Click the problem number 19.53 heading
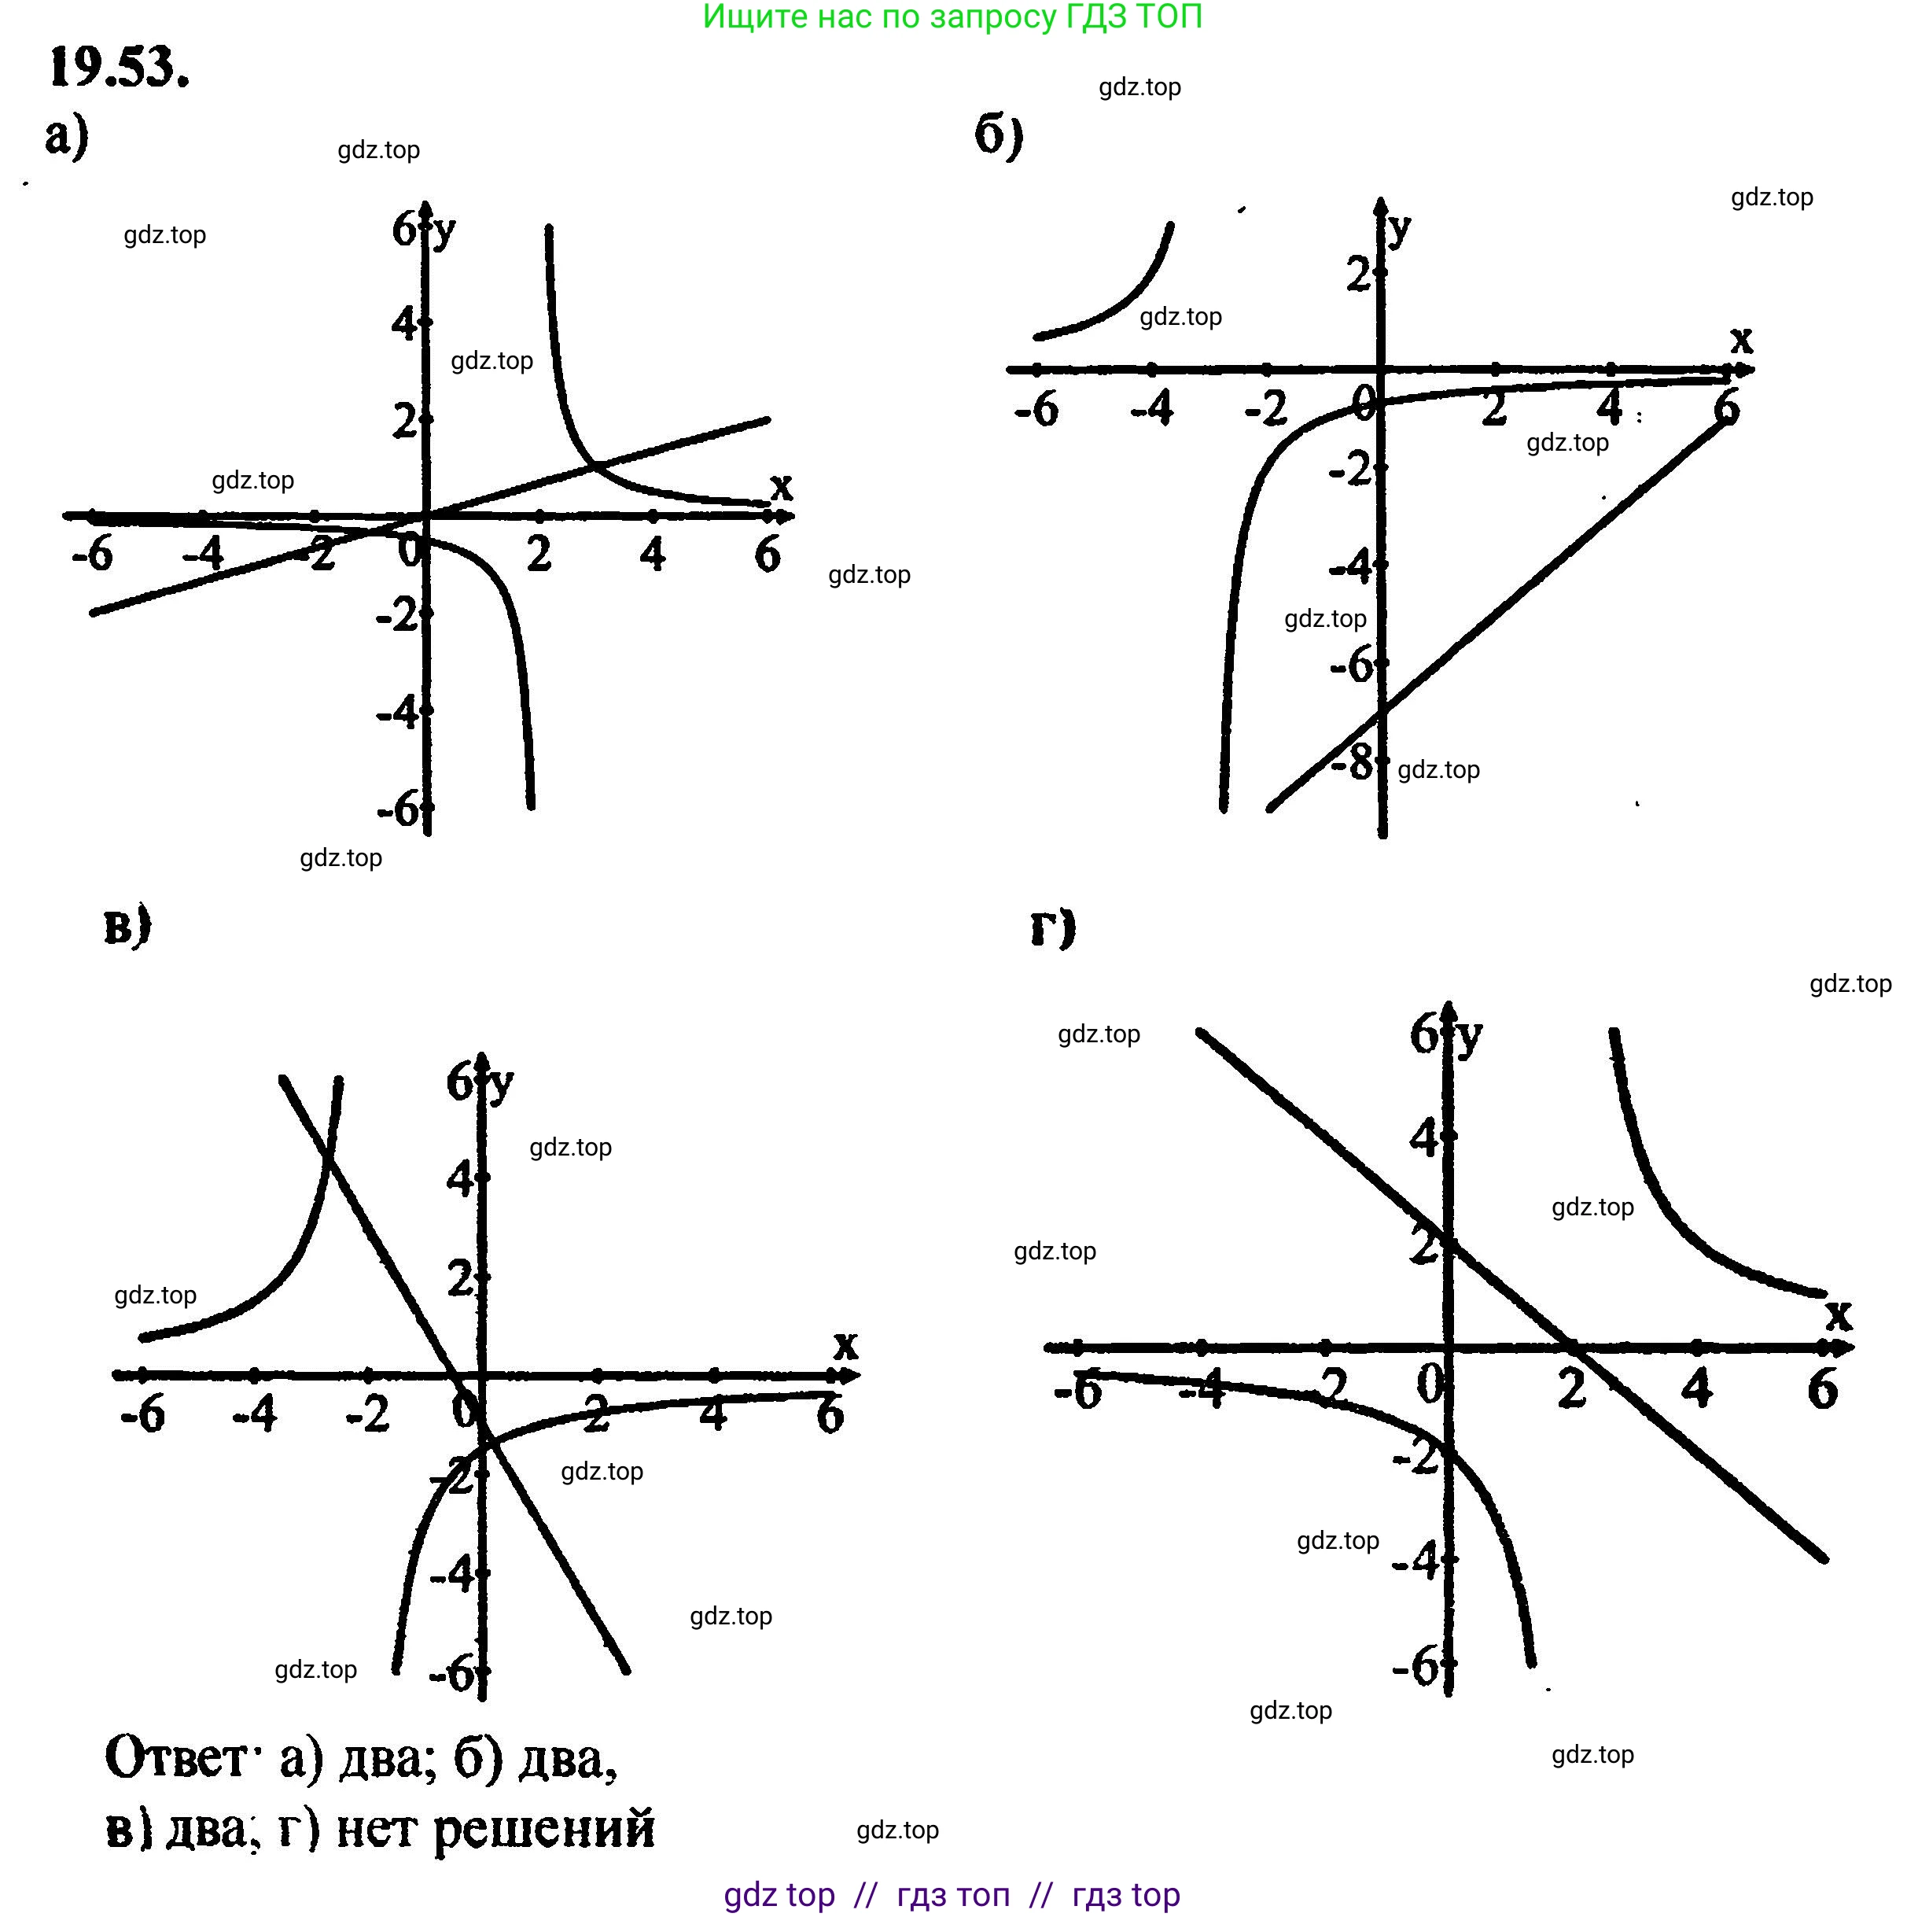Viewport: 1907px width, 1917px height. (119, 68)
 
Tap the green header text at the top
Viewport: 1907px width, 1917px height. (952, 17)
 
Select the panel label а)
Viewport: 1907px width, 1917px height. (67, 136)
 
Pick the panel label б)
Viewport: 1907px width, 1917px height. (998, 135)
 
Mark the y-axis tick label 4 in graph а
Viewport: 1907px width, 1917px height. (404, 323)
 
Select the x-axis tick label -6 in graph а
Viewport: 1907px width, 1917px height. (92, 554)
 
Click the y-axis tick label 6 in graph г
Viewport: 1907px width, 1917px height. (1424, 1033)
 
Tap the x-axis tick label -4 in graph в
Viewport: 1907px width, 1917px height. (255, 1413)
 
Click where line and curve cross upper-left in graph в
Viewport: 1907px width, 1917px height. (329, 1154)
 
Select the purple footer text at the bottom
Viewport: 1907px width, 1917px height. (952, 1894)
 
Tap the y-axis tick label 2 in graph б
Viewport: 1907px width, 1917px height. (1357, 274)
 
